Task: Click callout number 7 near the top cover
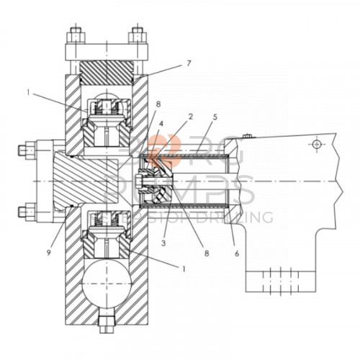(189, 64)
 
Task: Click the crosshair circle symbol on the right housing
(315, 145)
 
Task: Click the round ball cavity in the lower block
(105, 283)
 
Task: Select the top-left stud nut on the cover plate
(74, 32)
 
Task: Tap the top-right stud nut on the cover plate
(135, 32)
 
